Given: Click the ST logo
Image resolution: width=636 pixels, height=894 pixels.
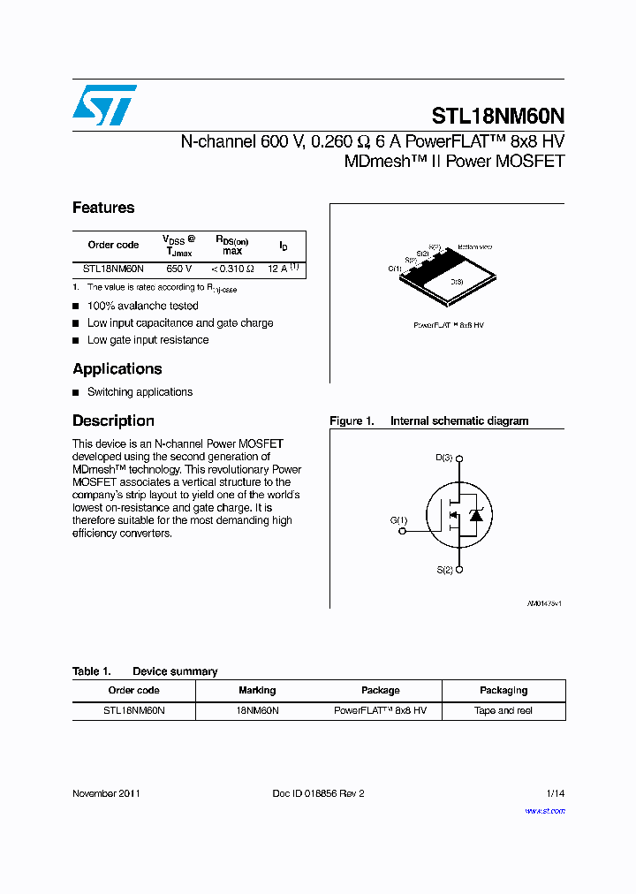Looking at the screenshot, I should (x=104, y=105).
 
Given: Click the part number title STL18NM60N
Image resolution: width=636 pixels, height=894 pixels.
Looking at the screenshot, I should (x=498, y=117).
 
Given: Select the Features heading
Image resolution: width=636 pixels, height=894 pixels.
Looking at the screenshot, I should (x=103, y=208).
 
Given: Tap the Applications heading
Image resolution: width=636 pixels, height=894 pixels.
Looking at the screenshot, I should (x=117, y=369).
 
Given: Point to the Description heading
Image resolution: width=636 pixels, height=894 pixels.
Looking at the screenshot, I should (x=113, y=421).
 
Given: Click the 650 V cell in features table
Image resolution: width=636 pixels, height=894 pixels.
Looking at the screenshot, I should (x=178, y=269).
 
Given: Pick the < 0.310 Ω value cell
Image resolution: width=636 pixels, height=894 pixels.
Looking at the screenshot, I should (x=232, y=269).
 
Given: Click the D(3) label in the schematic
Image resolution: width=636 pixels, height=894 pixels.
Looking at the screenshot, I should (x=443, y=458).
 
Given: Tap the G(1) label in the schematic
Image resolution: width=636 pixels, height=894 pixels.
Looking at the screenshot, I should (x=399, y=520).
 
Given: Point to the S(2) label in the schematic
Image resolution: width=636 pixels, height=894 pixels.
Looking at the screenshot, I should (x=443, y=571).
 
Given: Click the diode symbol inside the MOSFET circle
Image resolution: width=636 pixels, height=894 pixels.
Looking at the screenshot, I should (x=476, y=514).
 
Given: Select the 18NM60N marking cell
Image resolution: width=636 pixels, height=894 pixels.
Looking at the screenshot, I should (x=257, y=711).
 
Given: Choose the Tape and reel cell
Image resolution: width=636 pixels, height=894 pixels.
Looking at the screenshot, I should (x=503, y=711).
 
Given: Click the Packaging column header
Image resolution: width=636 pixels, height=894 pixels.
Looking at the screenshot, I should (x=503, y=691).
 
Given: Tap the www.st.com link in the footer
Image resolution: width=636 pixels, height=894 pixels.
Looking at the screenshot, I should (x=545, y=811).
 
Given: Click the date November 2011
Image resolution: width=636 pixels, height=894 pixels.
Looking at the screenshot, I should (x=106, y=793).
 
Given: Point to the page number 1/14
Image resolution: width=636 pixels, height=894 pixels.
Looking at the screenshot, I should (x=556, y=793).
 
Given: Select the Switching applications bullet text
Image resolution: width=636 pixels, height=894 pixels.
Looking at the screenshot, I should (x=140, y=392).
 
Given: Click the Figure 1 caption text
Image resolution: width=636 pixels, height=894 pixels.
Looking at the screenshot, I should (x=429, y=421).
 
